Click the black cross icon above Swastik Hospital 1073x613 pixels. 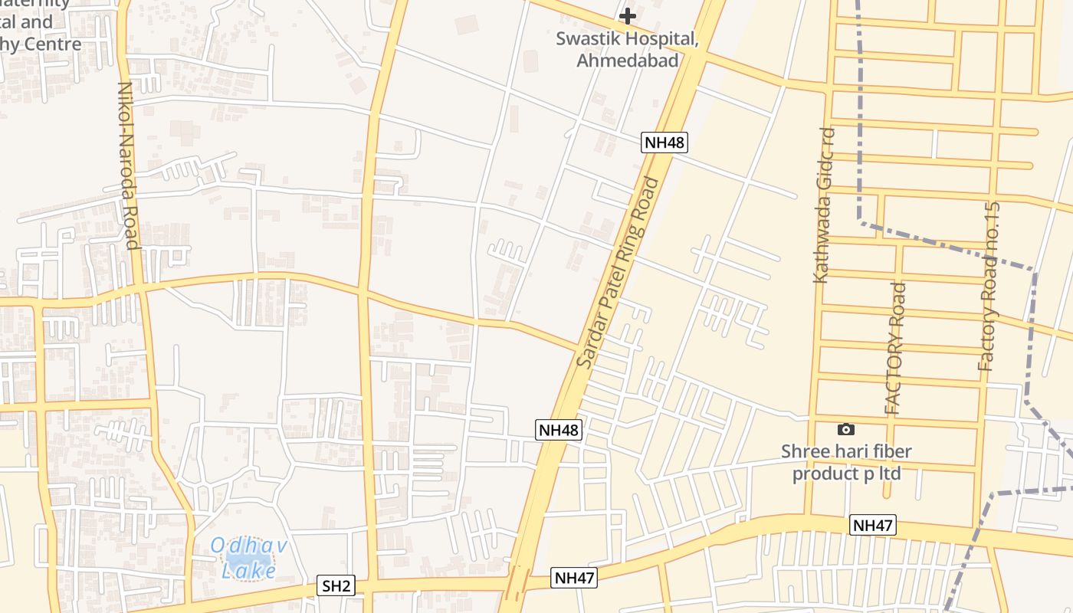(628, 15)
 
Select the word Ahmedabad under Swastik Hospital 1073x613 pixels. (628, 61)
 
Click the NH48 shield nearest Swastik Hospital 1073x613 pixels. (664, 142)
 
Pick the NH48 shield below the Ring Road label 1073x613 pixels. (559, 430)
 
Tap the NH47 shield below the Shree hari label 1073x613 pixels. (873, 526)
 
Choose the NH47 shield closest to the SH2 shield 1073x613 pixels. (574, 579)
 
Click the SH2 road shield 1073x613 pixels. (336, 586)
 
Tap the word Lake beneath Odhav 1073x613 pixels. (248, 570)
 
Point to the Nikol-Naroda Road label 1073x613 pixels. (127, 166)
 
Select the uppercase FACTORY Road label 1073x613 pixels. (895, 349)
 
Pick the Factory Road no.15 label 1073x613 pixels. (989, 287)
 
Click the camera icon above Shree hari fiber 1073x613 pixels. (846, 430)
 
